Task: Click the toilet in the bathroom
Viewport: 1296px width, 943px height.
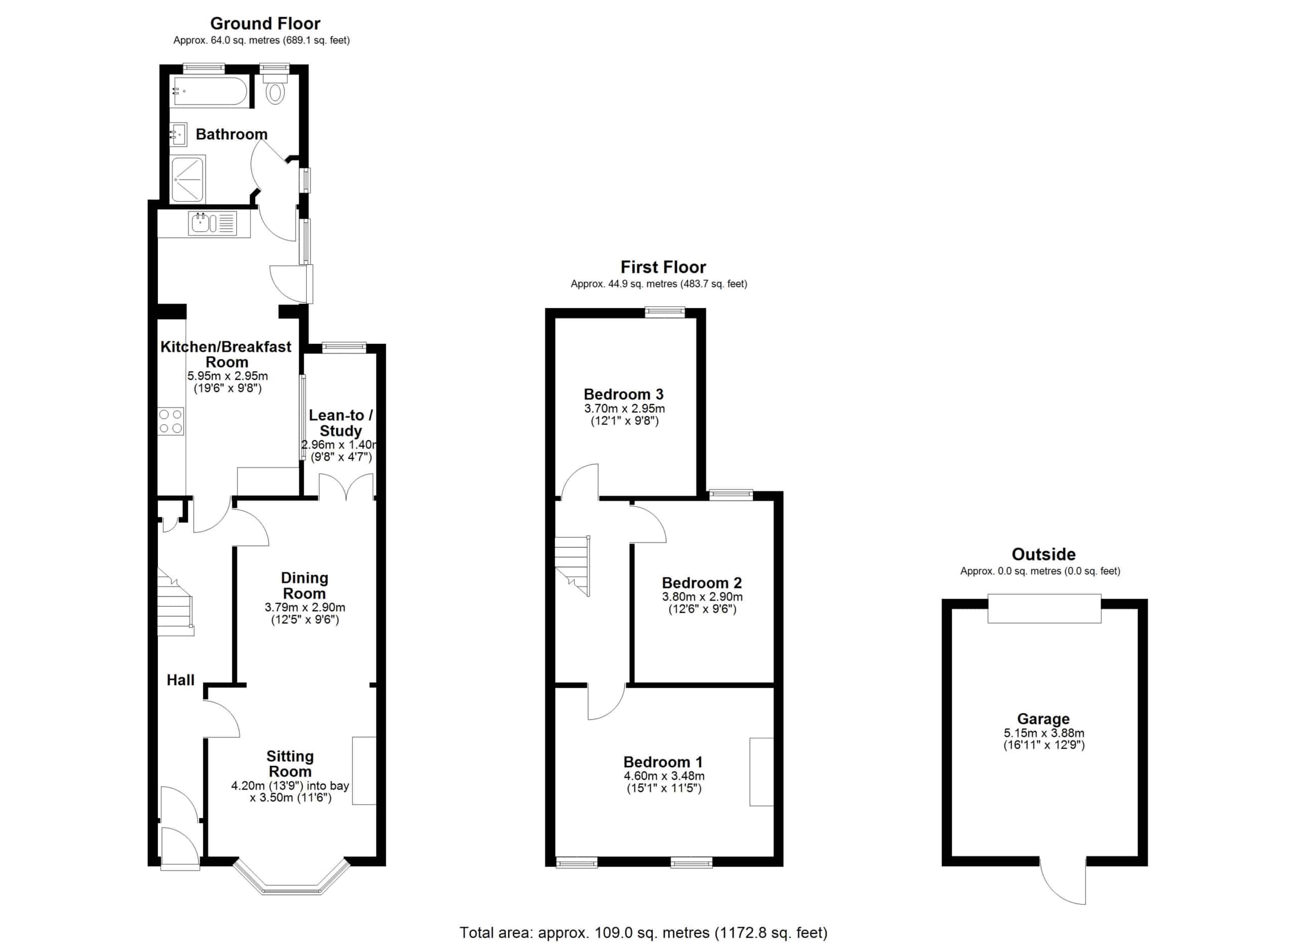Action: (x=275, y=89)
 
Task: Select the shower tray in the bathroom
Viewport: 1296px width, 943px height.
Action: (x=188, y=178)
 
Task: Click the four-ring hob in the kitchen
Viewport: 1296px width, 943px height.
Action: (x=171, y=421)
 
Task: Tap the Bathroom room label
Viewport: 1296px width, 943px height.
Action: (x=231, y=134)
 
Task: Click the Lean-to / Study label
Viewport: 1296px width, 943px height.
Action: (x=341, y=423)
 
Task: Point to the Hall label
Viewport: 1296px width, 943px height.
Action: (x=181, y=680)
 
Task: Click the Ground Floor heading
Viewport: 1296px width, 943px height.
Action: (x=265, y=23)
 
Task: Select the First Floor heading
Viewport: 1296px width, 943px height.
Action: (x=663, y=267)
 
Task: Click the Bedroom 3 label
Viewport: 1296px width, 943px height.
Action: (x=623, y=395)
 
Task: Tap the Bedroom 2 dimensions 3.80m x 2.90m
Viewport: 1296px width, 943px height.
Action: (x=702, y=597)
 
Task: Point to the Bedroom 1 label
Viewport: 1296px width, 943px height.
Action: (x=663, y=762)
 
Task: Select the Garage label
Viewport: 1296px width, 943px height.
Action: (x=1043, y=719)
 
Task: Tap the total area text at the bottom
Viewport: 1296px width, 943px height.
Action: (x=643, y=933)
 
